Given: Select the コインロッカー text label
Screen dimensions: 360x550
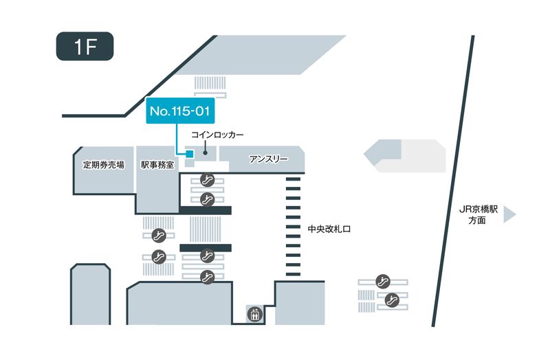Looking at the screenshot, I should tap(217, 135).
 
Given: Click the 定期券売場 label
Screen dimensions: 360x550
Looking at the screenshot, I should tap(103, 165).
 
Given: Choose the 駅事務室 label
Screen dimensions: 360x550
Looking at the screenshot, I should tap(157, 165).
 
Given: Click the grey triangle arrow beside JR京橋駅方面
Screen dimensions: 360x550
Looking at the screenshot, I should tap(509, 216).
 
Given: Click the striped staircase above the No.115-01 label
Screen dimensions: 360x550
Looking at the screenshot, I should tap(210, 83).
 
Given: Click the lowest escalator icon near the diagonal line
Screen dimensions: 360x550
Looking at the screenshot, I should tap(393, 299).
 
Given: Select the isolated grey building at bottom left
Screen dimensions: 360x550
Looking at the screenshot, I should tap(89, 294).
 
